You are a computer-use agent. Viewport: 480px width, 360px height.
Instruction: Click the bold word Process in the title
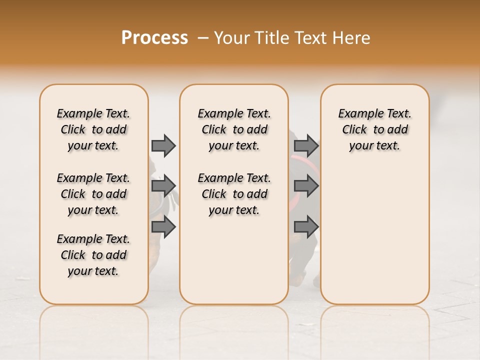(154, 37)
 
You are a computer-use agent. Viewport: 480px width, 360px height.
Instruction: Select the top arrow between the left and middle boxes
(163, 145)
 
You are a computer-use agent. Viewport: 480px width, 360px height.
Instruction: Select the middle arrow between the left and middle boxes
(163, 186)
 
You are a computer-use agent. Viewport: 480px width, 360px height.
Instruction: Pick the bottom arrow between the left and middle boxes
(163, 226)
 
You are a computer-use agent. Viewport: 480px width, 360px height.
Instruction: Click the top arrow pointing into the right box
(306, 145)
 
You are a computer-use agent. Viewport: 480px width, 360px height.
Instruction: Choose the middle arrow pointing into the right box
(306, 186)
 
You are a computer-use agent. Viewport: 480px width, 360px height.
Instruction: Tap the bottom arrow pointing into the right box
(306, 226)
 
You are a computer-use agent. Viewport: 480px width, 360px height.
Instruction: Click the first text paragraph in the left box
(93, 129)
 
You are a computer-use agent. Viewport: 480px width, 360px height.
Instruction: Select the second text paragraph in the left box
(93, 194)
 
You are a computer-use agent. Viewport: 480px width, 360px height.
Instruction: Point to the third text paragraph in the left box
(93, 255)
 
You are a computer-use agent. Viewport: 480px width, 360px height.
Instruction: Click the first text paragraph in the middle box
(234, 129)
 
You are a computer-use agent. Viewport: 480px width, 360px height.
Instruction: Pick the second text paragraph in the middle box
(234, 194)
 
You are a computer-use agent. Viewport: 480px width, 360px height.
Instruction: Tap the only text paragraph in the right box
(374, 129)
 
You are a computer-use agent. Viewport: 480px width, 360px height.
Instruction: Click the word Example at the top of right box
(357, 114)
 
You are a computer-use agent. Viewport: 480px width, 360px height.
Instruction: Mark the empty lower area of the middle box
(234, 260)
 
